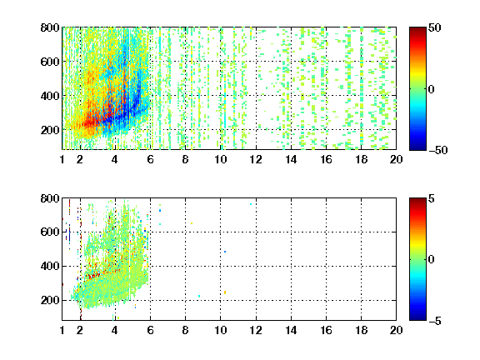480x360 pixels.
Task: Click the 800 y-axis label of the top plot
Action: (x=50, y=27)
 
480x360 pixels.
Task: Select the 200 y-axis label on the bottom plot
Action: (x=50, y=300)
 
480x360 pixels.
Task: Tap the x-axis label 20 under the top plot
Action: (x=396, y=159)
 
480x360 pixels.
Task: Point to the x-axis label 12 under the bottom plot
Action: (x=256, y=330)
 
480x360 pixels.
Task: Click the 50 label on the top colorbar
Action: (x=434, y=27)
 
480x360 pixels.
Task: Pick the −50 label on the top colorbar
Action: (x=438, y=150)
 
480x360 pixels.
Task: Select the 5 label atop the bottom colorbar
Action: (x=432, y=198)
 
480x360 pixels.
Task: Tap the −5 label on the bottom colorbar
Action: (x=435, y=321)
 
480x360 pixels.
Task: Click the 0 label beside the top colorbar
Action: (x=432, y=89)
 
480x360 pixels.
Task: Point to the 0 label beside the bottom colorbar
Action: (x=432, y=260)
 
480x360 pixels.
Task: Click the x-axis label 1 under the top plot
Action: (x=62, y=159)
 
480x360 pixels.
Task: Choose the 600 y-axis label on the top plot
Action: (x=50, y=62)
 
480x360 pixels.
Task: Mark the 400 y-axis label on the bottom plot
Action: (x=50, y=266)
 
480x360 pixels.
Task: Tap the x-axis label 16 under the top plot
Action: (x=326, y=159)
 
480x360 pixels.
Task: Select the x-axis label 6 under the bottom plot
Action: (x=150, y=330)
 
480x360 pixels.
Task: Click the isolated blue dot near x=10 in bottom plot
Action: (x=225, y=252)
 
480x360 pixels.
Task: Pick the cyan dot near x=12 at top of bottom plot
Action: (x=251, y=204)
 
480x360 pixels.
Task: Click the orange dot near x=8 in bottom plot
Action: (x=192, y=223)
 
